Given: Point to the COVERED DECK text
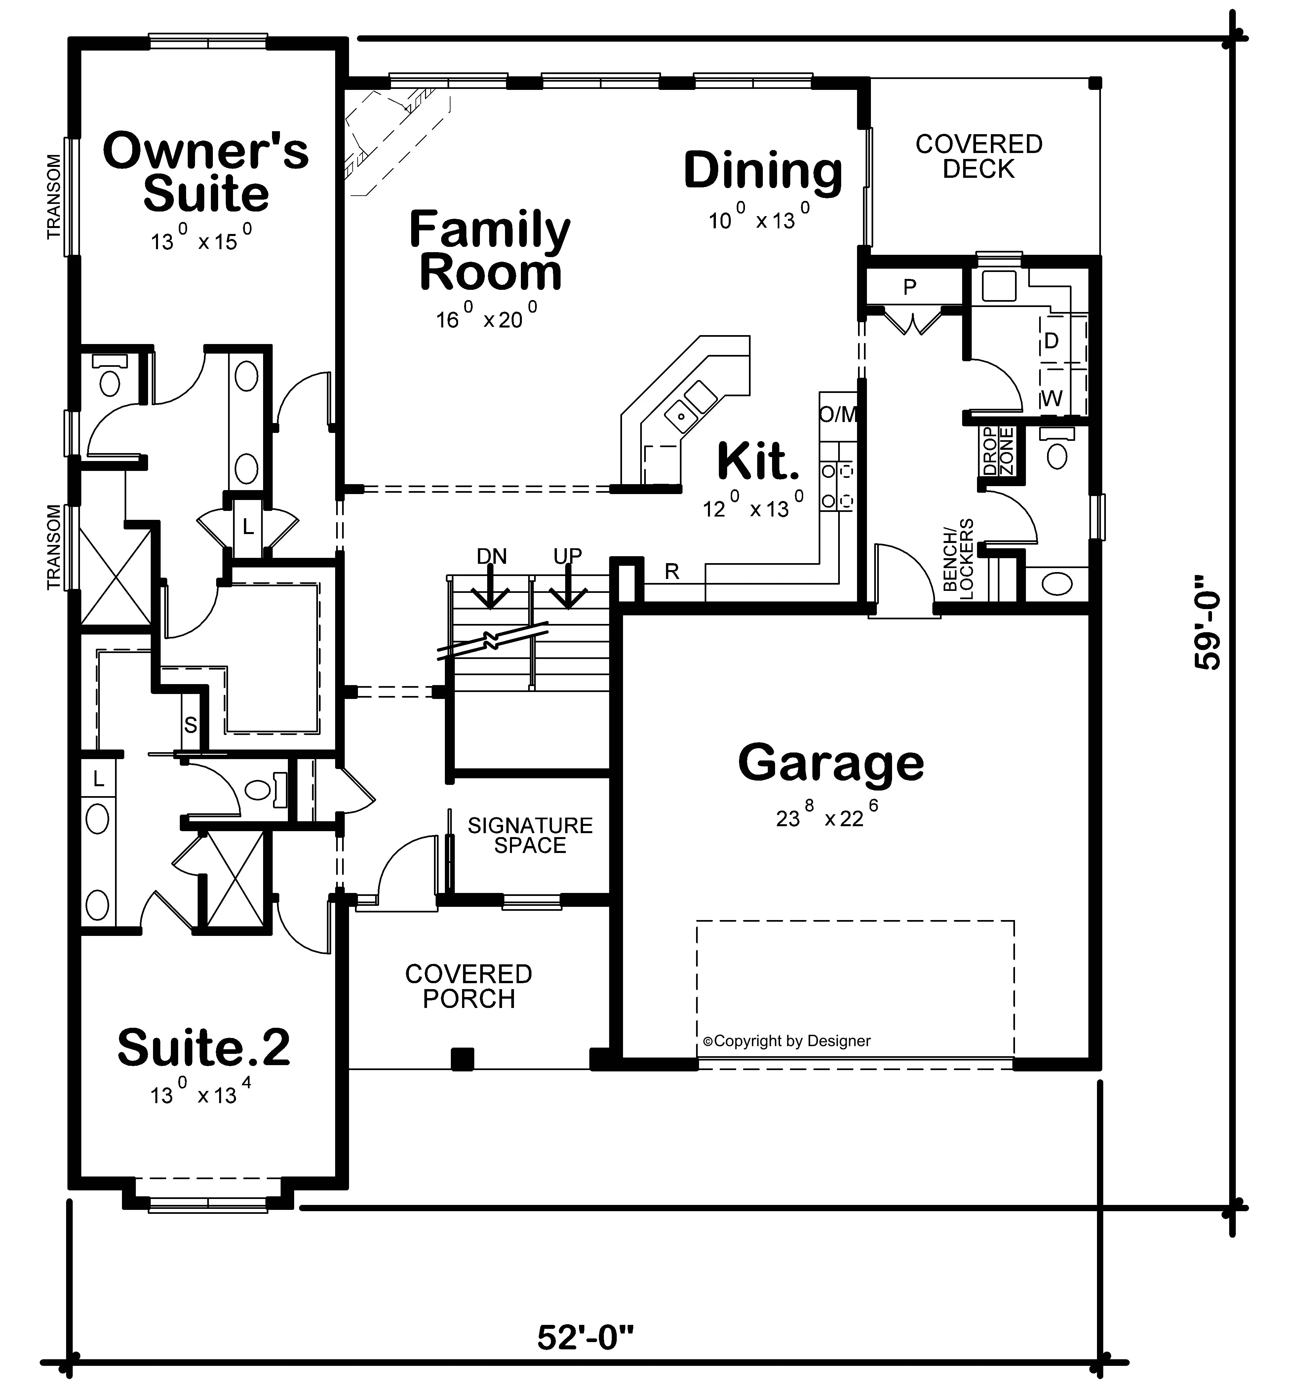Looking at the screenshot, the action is pos(979,156).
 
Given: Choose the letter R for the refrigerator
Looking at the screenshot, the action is pos(672,572).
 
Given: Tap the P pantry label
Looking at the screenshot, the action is pos(910,287).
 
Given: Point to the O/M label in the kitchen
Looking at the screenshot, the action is pos(838,414).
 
